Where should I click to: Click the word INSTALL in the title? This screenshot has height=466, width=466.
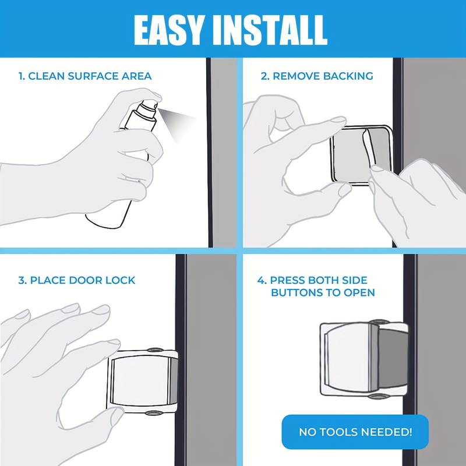coord(273,29)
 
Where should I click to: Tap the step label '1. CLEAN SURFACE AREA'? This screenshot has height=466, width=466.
coord(85,76)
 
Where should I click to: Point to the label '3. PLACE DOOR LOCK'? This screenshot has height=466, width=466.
coord(77,280)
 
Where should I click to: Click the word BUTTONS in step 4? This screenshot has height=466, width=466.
coord(298,292)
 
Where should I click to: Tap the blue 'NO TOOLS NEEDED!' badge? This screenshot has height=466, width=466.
coord(355,432)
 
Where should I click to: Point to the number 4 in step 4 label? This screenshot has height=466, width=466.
coord(261,280)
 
